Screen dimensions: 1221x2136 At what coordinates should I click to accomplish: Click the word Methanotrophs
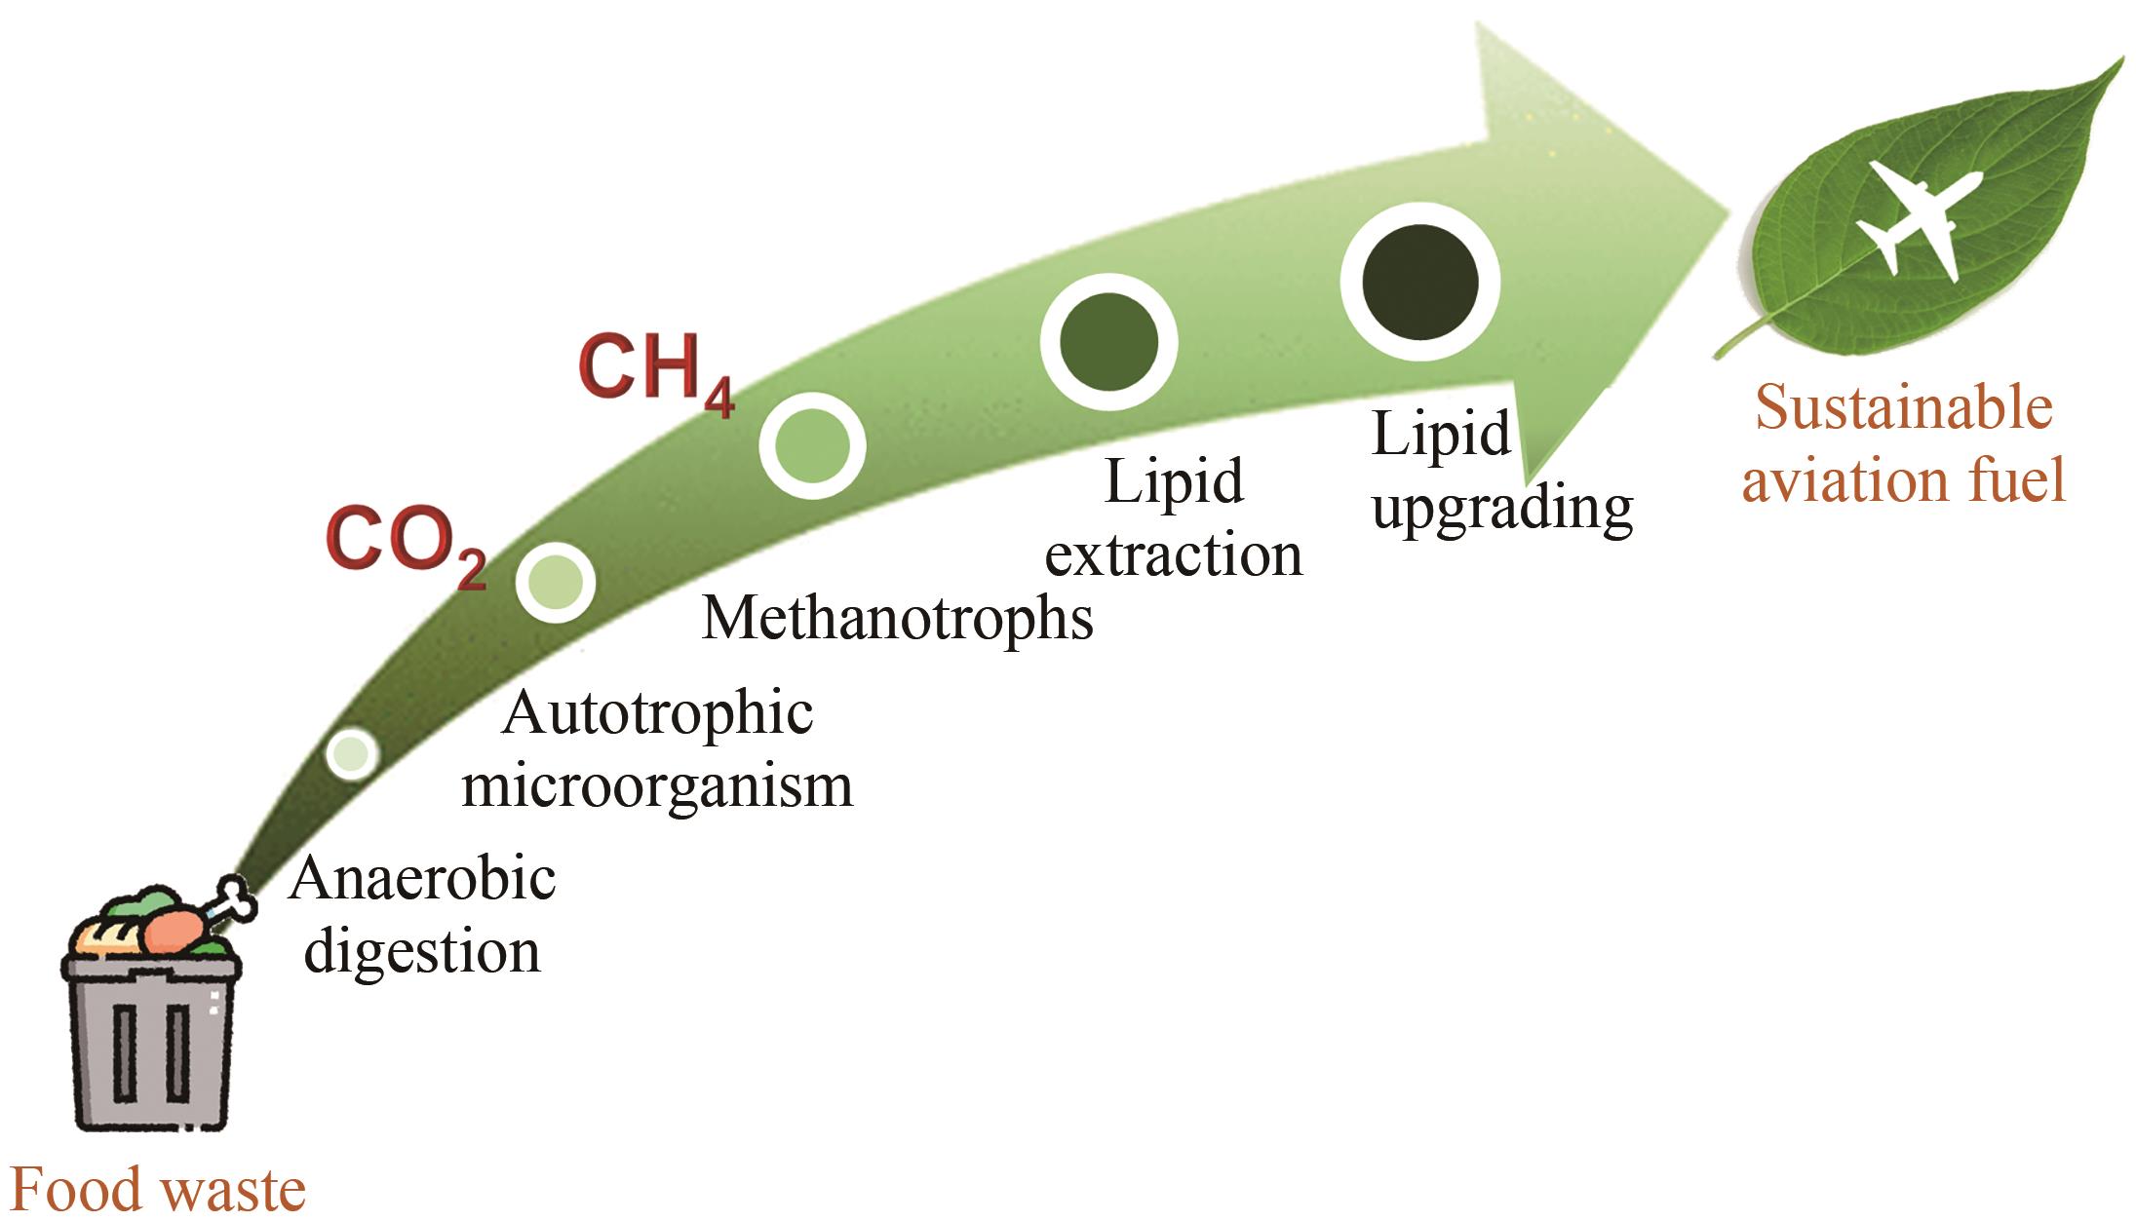(x=897, y=618)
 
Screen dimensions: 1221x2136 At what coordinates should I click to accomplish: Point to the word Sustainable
(x=1904, y=407)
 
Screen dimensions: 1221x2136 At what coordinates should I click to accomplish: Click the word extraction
(x=1173, y=555)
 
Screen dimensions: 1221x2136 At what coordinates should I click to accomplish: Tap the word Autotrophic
(x=657, y=713)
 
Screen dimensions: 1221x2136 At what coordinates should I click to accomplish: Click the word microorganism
(x=657, y=785)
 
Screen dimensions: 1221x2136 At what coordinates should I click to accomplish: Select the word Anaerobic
(x=422, y=879)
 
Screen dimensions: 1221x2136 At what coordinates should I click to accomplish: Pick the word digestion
(x=422, y=951)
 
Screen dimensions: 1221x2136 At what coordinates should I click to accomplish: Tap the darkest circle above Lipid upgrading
(x=1419, y=282)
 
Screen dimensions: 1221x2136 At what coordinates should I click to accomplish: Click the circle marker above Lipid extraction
(x=1108, y=342)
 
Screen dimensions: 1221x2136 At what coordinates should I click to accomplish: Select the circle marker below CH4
(x=812, y=446)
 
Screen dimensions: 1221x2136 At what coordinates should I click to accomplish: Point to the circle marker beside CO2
(x=555, y=582)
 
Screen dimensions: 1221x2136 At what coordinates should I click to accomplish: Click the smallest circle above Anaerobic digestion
(x=351, y=752)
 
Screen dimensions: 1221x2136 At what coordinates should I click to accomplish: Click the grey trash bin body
(x=151, y=1048)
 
